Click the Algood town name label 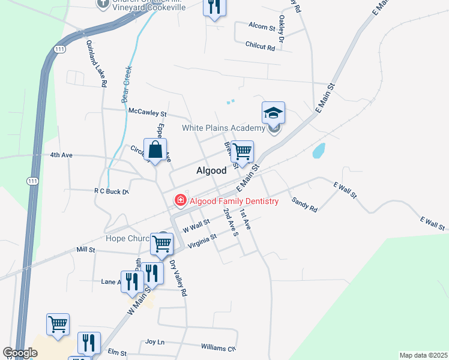pyautogui.click(x=211, y=170)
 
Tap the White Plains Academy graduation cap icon pyautogui.click(x=273, y=113)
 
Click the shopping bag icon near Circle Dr pyautogui.click(x=155, y=149)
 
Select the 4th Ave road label pyautogui.click(x=61, y=155)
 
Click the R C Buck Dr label pyautogui.click(x=112, y=191)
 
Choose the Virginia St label pyautogui.click(x=202, y=241)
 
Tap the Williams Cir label pyautogui.click(x=218, y=348)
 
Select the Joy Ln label pyautogui.click(x=155, y=342)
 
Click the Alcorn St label pyautogui.click(x=262, y=28)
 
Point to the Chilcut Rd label pyautogui.click(x=260, y=44)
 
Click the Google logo pyautogui.click(x=20, y=353)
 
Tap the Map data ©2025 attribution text pyautogui.click(x=423, y=355)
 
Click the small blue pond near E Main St pyautogui.click(x=319, y=150)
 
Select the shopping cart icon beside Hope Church pyautogui.click(x=161, y=243)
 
